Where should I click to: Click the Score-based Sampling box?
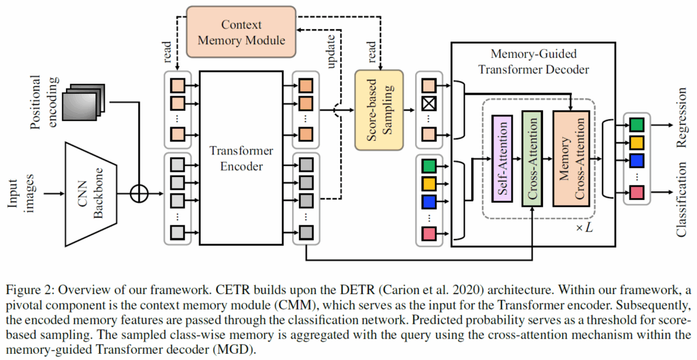379,110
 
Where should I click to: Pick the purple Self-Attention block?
500,158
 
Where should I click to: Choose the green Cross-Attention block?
533,158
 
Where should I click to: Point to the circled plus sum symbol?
139,193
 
